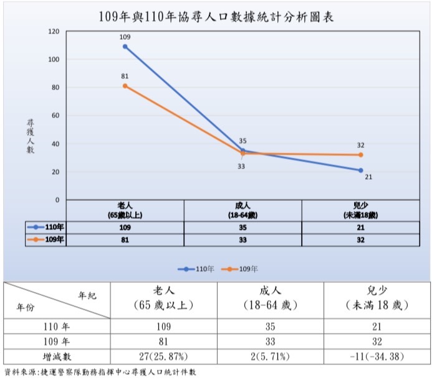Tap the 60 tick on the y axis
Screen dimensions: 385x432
[x=55, y=116]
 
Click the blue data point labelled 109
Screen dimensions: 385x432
[x=125, y=47]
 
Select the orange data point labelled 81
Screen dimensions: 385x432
[x=125, y=86]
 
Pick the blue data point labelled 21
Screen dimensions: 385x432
[x=361, y=170]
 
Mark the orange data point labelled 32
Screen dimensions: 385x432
[x=361, y=155]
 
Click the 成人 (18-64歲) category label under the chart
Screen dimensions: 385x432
[x=243, y=209]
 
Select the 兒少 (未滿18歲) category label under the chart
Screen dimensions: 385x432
[x=360, y=209]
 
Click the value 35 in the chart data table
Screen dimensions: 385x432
[x=243, y=228]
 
